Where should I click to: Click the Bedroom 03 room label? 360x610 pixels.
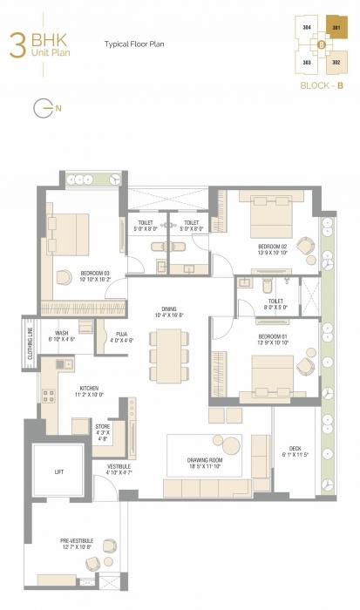(x=95, y=274)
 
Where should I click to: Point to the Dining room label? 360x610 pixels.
(x=169, y=311)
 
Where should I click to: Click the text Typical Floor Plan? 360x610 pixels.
(x=135, y=43)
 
